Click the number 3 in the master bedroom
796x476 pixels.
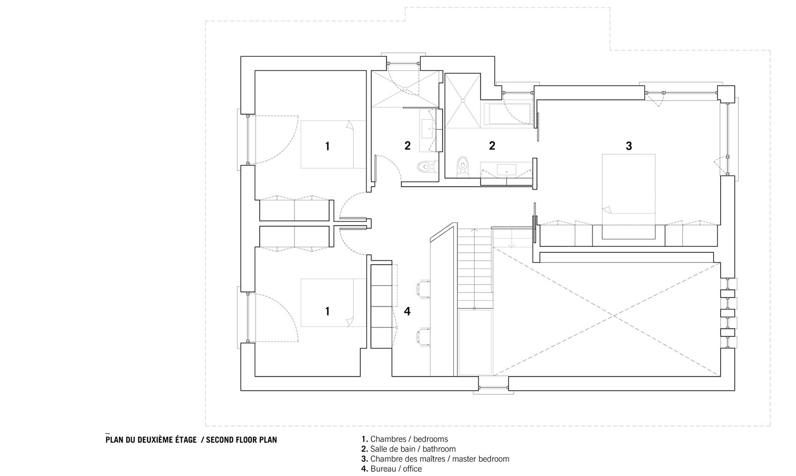[629, 146]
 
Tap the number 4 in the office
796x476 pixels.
[407, 312]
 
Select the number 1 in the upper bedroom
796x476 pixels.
[327, 146]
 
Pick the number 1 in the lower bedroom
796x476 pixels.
[327, 312]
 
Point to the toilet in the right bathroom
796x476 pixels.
[463, 167]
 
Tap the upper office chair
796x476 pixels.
[423, 288]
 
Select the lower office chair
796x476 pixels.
[423, 337]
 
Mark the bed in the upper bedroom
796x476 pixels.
[333, 144]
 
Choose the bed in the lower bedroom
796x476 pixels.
[333, 303]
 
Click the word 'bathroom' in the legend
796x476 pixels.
[439, 449]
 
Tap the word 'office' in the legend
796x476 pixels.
[412, 469]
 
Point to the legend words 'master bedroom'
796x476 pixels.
[481, 459]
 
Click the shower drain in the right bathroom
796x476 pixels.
[463, 101]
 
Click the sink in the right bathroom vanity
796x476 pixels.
[506, 170]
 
